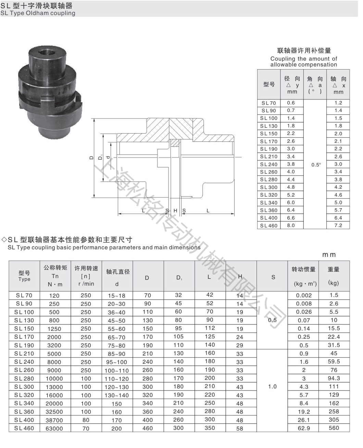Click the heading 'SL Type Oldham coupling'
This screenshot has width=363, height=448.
coord(38,13)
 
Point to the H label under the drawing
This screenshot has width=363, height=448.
coord(175,211)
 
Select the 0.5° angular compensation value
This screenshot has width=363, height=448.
coord(316,165)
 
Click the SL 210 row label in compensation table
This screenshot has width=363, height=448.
coord(268,157)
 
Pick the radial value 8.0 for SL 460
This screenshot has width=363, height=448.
coord(291,225)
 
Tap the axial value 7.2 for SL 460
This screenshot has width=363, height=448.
coord(338,225)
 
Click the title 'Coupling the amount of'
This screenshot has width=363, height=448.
coord(303,59)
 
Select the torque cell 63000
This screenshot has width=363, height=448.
coord(54,428)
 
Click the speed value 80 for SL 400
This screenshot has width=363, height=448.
coord(86,420)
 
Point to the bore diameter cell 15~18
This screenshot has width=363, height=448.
coord(116,296)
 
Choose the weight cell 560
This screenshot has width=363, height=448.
coord(334,428)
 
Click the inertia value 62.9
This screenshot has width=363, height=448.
coord(304,428)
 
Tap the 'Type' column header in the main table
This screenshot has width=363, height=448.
coord(24,279)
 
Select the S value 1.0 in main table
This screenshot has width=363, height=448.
coord(272,386)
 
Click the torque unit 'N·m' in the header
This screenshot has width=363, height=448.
coord(55,284)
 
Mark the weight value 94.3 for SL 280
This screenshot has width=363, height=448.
coord(334,378)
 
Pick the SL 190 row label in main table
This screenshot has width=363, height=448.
coord(24,345)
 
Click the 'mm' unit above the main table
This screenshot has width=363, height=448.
coord(329,255)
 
